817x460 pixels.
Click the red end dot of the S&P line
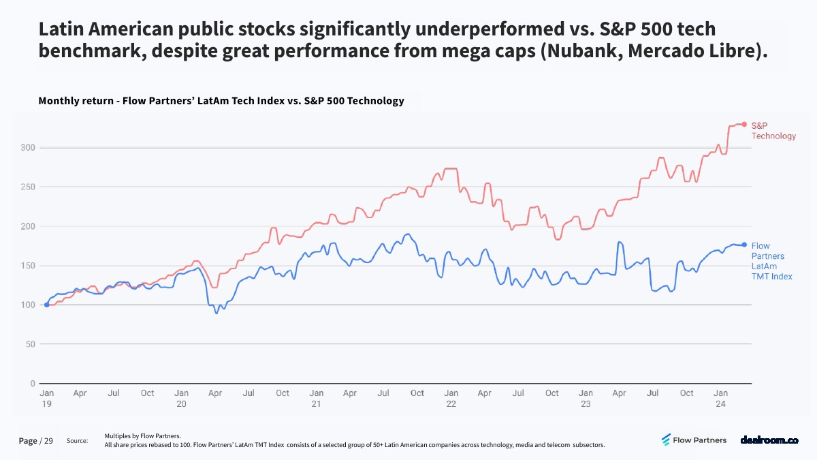(744, 124)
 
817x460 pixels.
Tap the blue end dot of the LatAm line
(744, 245)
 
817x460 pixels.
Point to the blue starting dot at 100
(46, 305)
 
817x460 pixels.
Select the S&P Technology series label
(773, 131)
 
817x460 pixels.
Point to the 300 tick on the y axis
(28, 148)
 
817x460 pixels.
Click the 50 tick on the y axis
(30, 344)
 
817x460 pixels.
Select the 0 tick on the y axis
(33, 384)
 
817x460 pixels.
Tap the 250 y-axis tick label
(28, 187)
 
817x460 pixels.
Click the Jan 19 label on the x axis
(46, 398)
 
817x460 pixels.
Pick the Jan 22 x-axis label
(451, 398)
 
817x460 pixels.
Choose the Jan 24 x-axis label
(720, 398)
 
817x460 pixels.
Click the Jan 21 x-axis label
(316, 398)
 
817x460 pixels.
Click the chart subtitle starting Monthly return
(221, 101)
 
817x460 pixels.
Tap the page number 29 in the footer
(49, 441)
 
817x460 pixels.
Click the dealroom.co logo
(769, 440)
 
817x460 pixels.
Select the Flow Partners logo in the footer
(694, 440)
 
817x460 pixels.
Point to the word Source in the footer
(77, 442)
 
